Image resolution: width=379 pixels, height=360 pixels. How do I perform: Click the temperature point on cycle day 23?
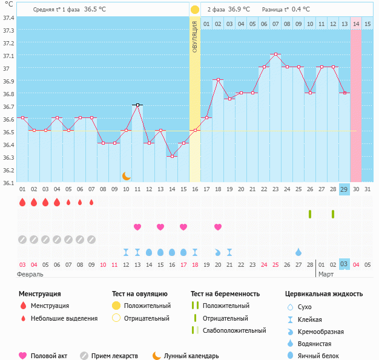(x=275, y=54)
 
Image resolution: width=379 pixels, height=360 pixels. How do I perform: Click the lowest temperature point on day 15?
(x=172, y=156)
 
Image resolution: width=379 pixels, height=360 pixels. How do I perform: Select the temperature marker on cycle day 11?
(x=137, y=105)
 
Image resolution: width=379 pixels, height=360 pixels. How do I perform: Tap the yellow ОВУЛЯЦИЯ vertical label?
(x=195, y=36)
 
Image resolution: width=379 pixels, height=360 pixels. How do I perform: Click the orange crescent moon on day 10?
(x=126, y=176)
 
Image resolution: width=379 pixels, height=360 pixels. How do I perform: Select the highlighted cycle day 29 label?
(x=344, y=190)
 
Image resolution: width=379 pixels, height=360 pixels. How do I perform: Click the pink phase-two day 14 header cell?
(x=356, y=24)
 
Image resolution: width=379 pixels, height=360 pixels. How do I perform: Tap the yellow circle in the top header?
(x=195, y=10)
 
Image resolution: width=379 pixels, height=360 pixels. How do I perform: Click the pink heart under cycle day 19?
(x=218, y=227)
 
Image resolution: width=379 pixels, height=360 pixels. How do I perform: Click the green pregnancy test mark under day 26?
(x=310, y=214)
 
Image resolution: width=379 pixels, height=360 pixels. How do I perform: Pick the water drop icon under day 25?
(x=298, y=252)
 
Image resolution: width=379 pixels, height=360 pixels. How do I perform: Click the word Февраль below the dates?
(x=31, y=274)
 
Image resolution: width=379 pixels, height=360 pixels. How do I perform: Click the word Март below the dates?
(x=326, y=274)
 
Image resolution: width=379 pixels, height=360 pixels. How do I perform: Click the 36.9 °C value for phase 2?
(x=239, y=10)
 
